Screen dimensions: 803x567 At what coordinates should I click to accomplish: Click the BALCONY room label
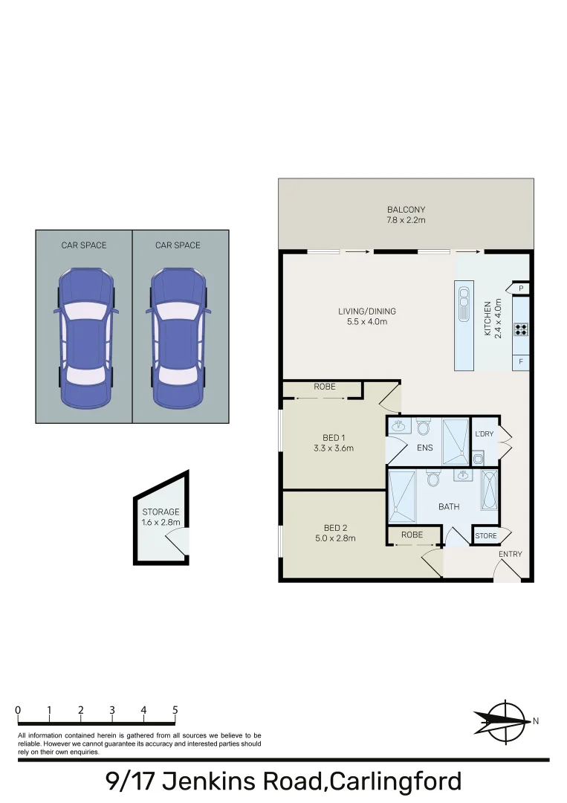[x=406, y=210]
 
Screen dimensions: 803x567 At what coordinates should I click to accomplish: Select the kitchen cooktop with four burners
[x=521, y=328]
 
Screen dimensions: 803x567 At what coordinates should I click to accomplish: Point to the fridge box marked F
[x=521, y=362]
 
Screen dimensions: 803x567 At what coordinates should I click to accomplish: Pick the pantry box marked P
[x=521, y=288]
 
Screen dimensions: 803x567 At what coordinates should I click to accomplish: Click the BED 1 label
[x=334, y=437]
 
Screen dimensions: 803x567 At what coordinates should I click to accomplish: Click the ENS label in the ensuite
[x=425, y=448]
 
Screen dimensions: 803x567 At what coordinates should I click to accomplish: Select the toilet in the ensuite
[x=424, y=427]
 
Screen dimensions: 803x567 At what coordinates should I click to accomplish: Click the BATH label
[x=448, y=507]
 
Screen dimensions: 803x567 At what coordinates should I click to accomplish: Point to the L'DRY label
[x=484, y=434]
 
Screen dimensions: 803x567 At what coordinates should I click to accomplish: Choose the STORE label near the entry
[x=486, y=535]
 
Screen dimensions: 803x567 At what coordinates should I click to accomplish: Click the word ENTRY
[x=511, y=554]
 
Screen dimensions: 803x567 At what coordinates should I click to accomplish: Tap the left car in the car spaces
[x=84, y=338]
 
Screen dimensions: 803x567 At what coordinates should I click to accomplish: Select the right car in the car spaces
[x=179, y=338]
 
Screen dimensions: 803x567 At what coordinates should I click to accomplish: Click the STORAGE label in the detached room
[x=161, y=512]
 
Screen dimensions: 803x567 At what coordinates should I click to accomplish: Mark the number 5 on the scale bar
[x=175, y=711]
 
